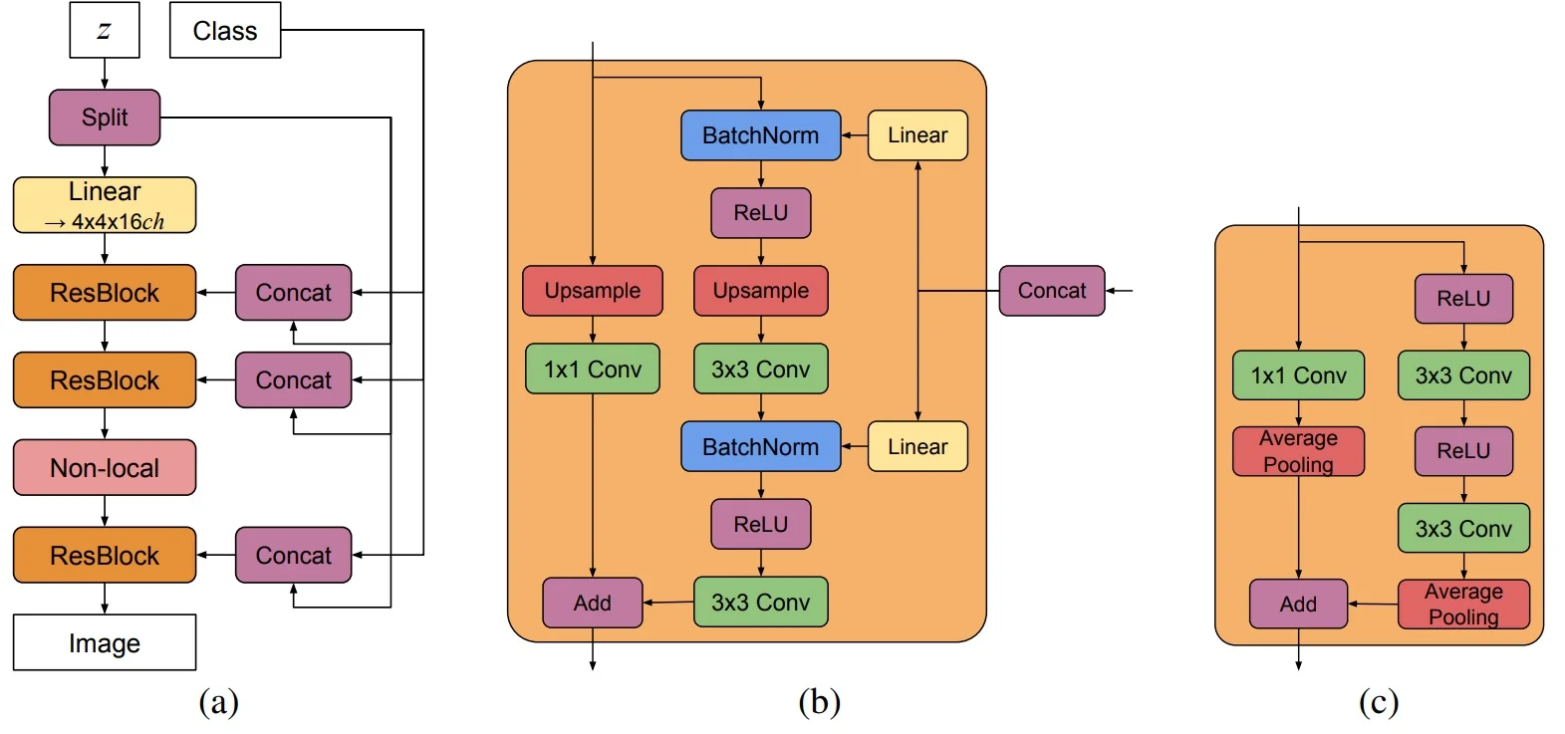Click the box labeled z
[x=105, y=30]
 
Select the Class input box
[x=225, y=31]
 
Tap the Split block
[x=105, y=118]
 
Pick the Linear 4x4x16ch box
[x=105, y=205]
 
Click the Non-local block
[x=105, y=468]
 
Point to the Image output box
[x=105, y=642]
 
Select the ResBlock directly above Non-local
[x=105, y=380]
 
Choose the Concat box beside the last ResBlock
[x=294, y=556]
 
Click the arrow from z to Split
[x=105, y=74]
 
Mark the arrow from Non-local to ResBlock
[x=105, y=511]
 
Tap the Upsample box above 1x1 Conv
[x=593, y=291]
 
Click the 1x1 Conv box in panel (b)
[x=593, y=369]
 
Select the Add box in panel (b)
[x=593, y=603]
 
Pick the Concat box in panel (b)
[x=1052, y=291]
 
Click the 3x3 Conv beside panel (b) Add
[x=761, y=603]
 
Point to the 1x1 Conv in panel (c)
[x=1298, y=375]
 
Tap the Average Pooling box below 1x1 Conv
[x=1298, y=451]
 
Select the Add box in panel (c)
[x=1298, y=605]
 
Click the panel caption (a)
[x=219, y=702]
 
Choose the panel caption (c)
[x=1379, y=702]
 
